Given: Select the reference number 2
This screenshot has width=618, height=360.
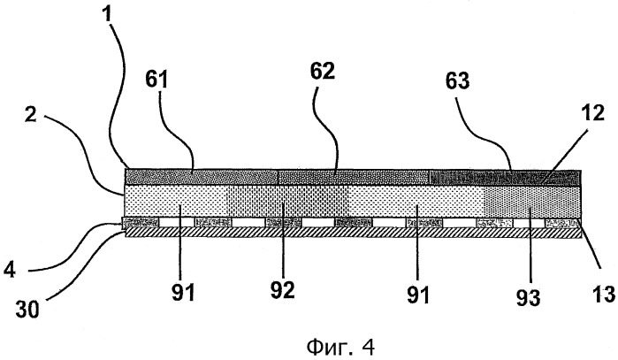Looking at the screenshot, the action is (x=31, y=115).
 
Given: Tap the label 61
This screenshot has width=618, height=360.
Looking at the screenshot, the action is (x=156, y=80).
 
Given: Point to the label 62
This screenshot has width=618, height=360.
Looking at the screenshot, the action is (x=322, y=72).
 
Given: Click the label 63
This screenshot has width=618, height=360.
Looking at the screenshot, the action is (x=458, y=80).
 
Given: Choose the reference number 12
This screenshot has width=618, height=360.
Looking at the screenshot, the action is (x=591, y=113).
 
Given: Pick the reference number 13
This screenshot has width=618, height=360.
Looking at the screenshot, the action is (x=603, y=295).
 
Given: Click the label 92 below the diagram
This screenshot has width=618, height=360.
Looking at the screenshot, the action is (x=283, y=291).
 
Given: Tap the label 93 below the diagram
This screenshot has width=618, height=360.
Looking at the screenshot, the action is (x=528, y=297).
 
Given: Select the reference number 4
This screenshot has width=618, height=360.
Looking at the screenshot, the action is (x=9, y=271).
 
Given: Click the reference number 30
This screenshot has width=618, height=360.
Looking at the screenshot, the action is (x=27, y=310).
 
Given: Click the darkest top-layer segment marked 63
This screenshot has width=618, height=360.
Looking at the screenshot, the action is (x=505, y=178).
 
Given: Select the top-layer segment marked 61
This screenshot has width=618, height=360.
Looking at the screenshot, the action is (x=202, y=177).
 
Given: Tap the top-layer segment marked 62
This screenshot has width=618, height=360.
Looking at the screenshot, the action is (x=354, y=178).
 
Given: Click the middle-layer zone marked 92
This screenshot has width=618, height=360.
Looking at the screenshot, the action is (x=287, y=201).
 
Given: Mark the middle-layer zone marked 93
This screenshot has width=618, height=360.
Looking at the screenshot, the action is (x=532, y=201).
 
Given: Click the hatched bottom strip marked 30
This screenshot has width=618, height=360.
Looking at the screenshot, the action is (x=353, y=233).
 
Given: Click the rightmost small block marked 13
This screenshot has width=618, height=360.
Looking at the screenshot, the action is (x=562, y=222).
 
